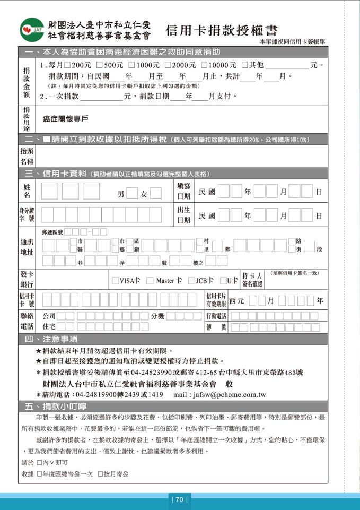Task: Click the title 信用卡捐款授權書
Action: [x=221, y=31]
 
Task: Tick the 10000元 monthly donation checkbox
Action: [x=205, y=65]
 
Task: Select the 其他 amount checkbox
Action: [x=244, y=65]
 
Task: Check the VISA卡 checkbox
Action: [x=116, y=280]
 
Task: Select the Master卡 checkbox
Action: [x=150, y=280]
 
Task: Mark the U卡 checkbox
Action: [x=223, y=280]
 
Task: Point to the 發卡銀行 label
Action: [x=27, y=279]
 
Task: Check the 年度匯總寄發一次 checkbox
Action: [x=39, y=473]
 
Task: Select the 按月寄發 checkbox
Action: [x=100, y=473]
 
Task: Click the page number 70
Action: [x=179, y=499]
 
